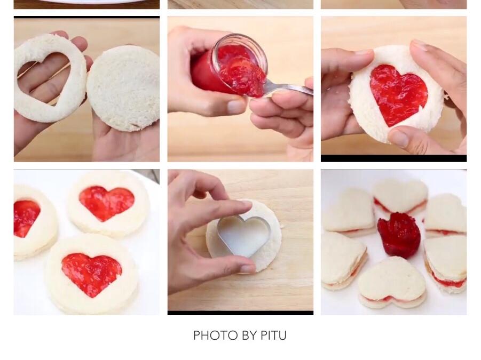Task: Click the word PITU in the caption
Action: coord(274,335)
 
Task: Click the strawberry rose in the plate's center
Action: coord(398,234)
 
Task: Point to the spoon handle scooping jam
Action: coord(288,89)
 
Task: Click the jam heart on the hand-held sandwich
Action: coord(398,93)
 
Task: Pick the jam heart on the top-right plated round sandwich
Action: coord(106,203)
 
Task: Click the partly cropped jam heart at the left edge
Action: coord(26,218)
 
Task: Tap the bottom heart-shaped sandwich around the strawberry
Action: coord(392,283)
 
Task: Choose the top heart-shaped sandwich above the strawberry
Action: coord(400,197)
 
